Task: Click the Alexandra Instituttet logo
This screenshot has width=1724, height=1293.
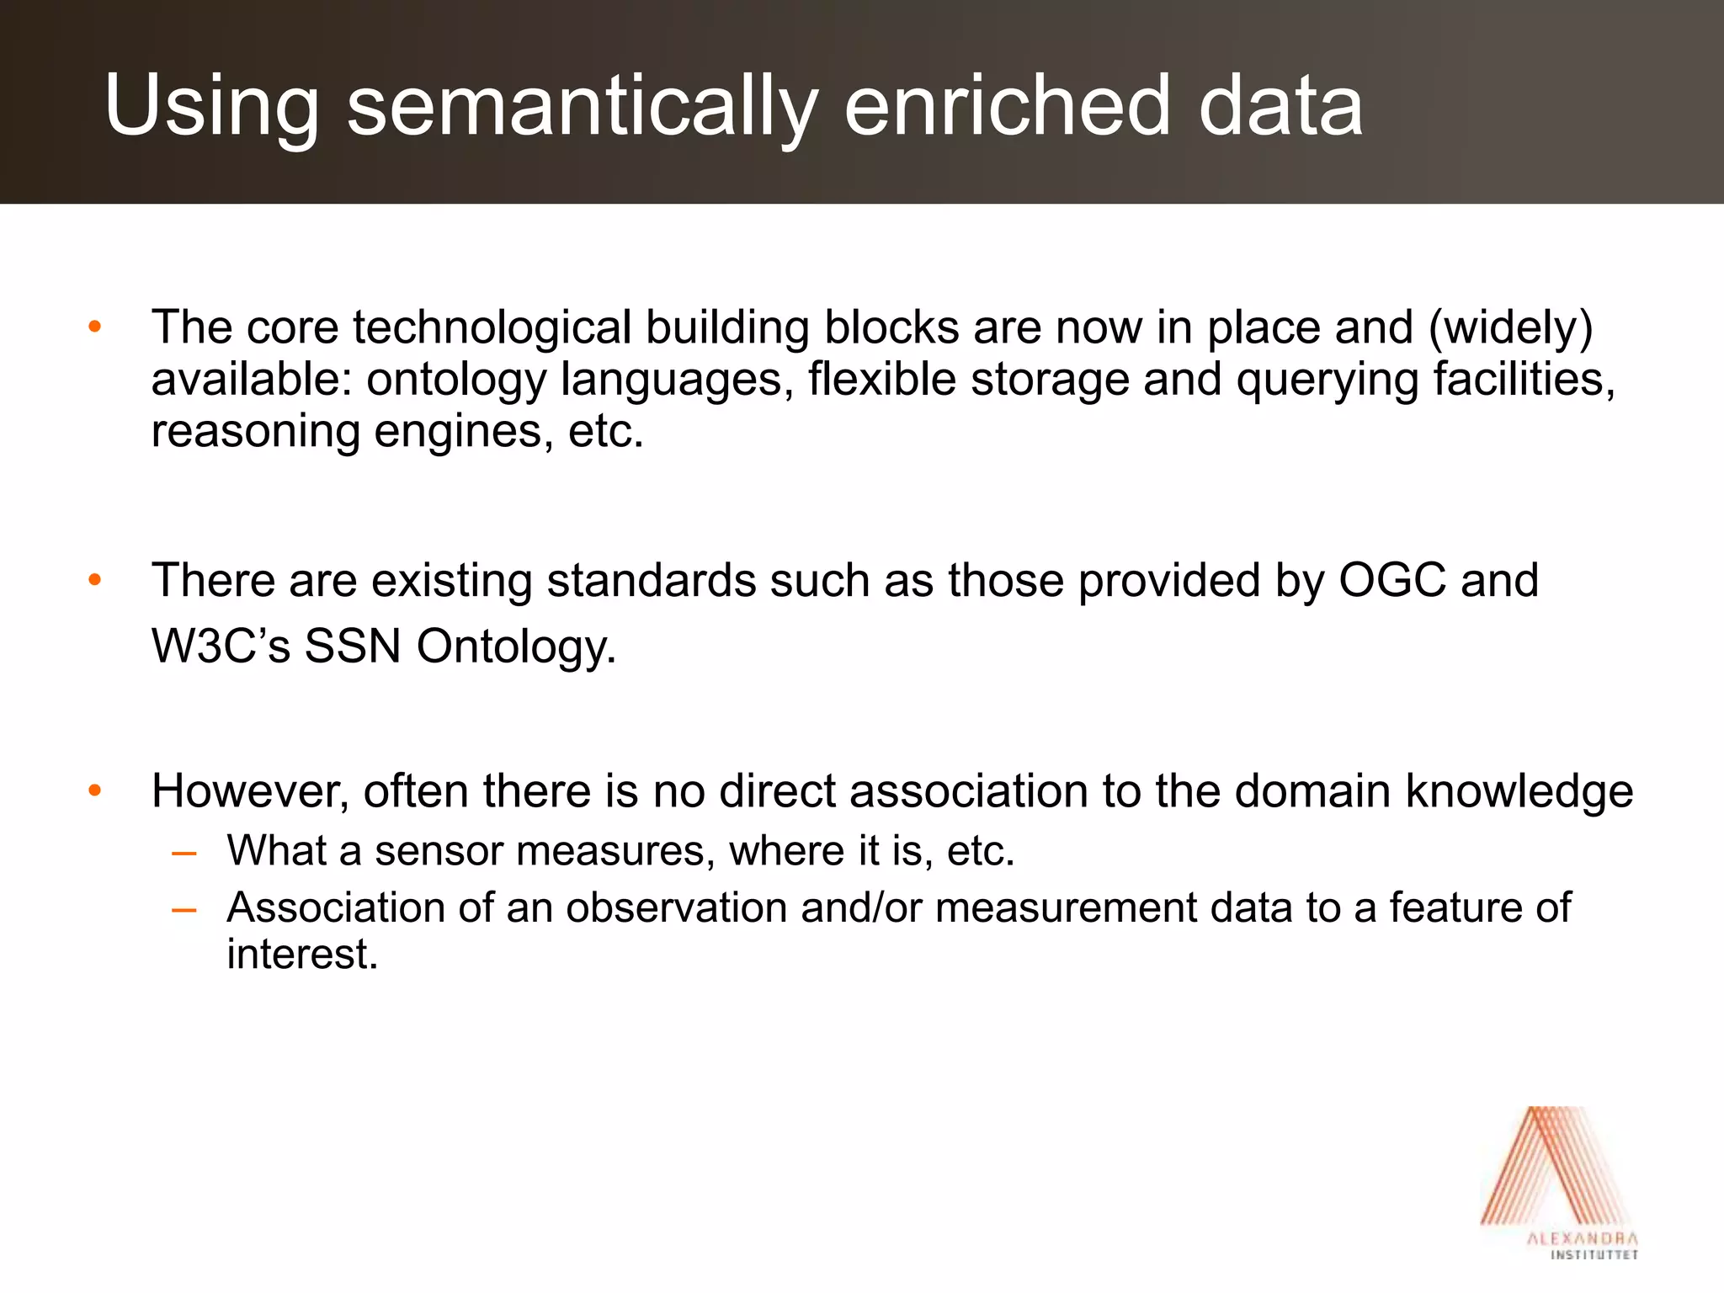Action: click(x=1559, y=1183)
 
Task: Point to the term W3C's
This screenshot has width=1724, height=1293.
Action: click(x=221, y=646)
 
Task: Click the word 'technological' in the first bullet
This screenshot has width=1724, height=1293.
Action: click(x=492, y=327)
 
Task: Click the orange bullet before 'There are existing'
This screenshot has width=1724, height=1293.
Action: click(x=94, y=581)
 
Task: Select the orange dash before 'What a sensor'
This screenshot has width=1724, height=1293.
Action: click(x=184, y=853)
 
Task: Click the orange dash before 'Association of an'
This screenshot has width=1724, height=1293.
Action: click(x=184, y=910)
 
